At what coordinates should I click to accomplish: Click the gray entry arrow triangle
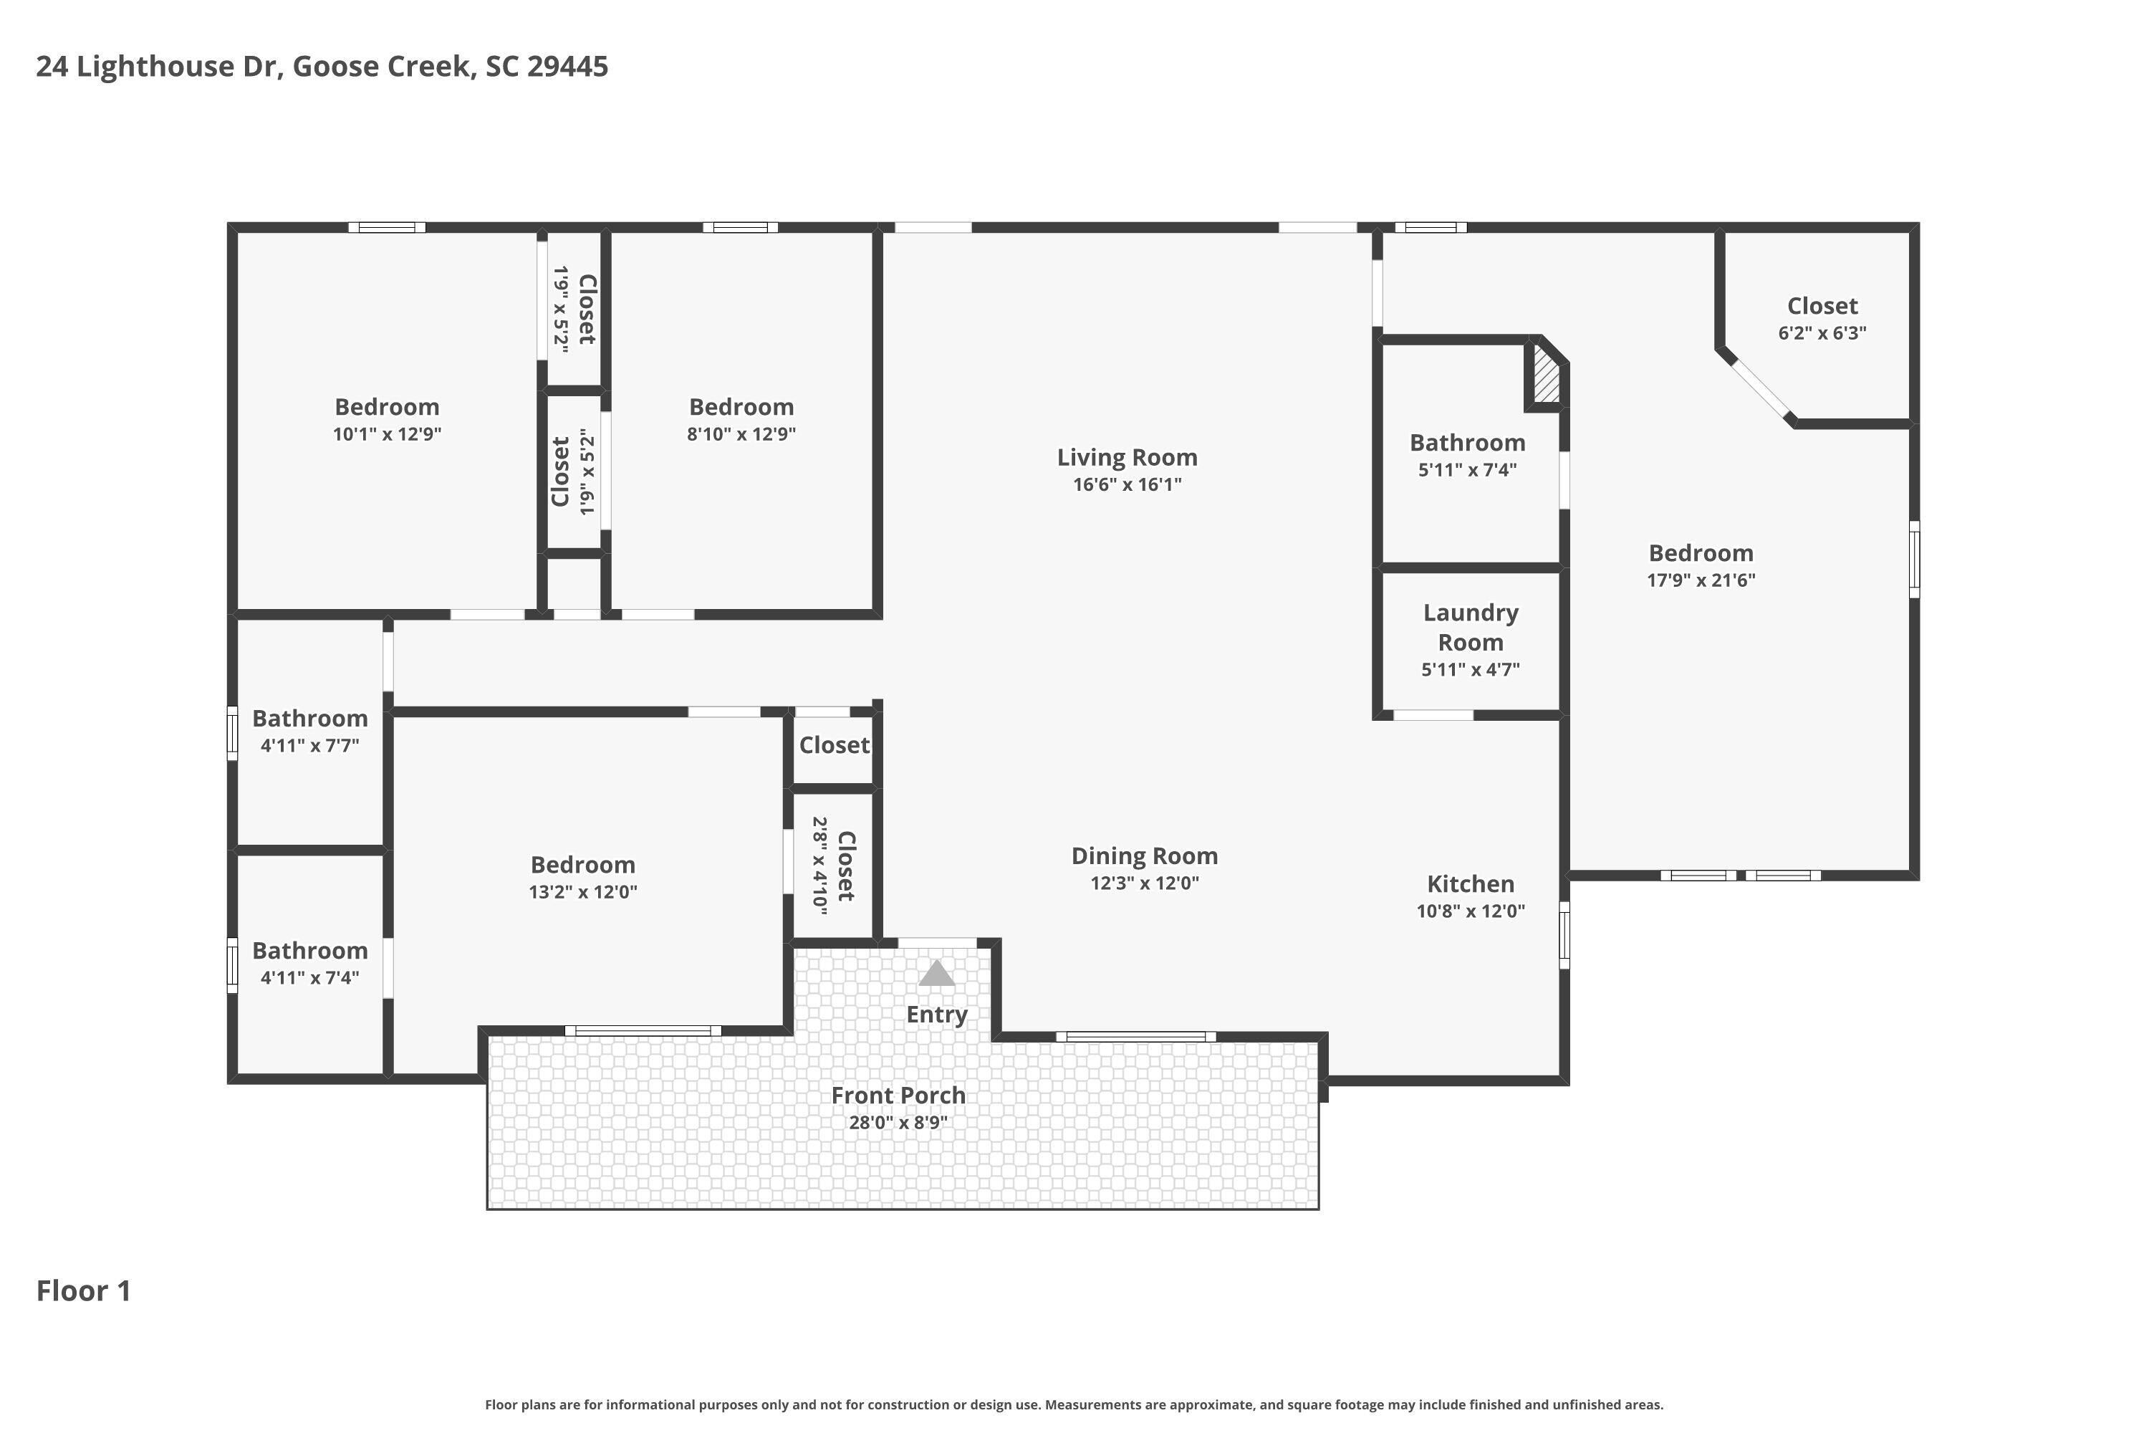[x=936, y=973]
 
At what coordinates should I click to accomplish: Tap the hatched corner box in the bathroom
[x=1546, y=373]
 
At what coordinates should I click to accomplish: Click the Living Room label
[x=1127, y=457]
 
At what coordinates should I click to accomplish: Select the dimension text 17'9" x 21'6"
[x=1701, y=580]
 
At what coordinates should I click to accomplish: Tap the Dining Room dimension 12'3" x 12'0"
[x=1144, y=883]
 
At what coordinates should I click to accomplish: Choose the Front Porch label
[x=898, y=1095]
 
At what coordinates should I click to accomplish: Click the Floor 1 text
[x=83, y=1290]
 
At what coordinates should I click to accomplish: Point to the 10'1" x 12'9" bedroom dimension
[x=387, y=433]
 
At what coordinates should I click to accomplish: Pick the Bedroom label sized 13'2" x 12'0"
[x=583, y=865]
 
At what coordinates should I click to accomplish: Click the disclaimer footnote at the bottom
[x=1074, y=1404]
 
